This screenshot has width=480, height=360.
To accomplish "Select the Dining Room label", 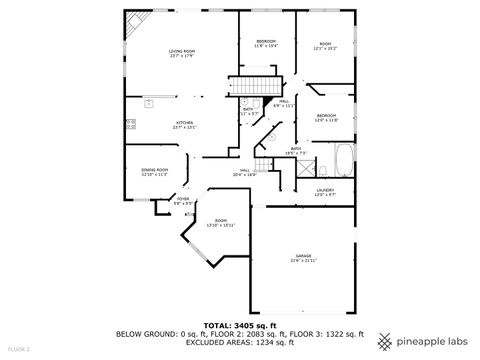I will click(154, 172).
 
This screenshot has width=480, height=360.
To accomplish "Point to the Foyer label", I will click(183, 201).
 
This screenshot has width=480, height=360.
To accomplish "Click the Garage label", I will click(303, 258).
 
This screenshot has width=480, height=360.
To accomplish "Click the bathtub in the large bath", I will click(343, 157).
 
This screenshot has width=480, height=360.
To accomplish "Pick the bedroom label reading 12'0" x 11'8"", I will click(326, 118).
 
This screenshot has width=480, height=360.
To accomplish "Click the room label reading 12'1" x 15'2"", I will click(325, 46).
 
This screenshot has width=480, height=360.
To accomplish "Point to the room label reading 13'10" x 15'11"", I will click(221, 222).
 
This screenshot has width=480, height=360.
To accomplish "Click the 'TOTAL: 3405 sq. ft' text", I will click(240, 325).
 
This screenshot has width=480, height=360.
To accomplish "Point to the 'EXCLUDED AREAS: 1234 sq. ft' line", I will click(240, 342).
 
